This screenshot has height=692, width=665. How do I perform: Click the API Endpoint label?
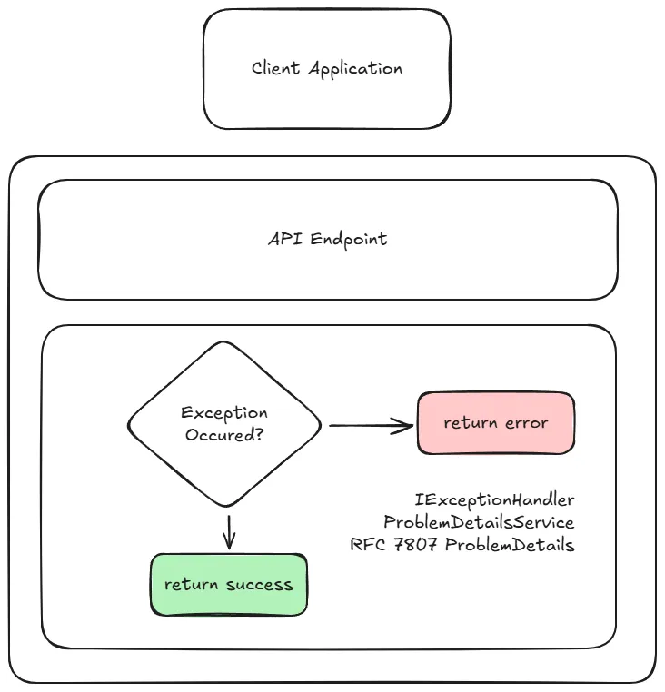click(327, 240)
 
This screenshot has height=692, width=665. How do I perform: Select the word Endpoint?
click(349, 240)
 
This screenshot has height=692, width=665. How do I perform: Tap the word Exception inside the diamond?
click(224, 413)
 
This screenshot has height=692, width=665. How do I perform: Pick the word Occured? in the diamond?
click(224, 435)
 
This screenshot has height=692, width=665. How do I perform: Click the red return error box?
click(495, 423)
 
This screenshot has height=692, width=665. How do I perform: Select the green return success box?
click(229, 585)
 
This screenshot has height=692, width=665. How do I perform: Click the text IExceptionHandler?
click(494, 500)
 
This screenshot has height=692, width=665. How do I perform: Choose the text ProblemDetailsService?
click(479, 523)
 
